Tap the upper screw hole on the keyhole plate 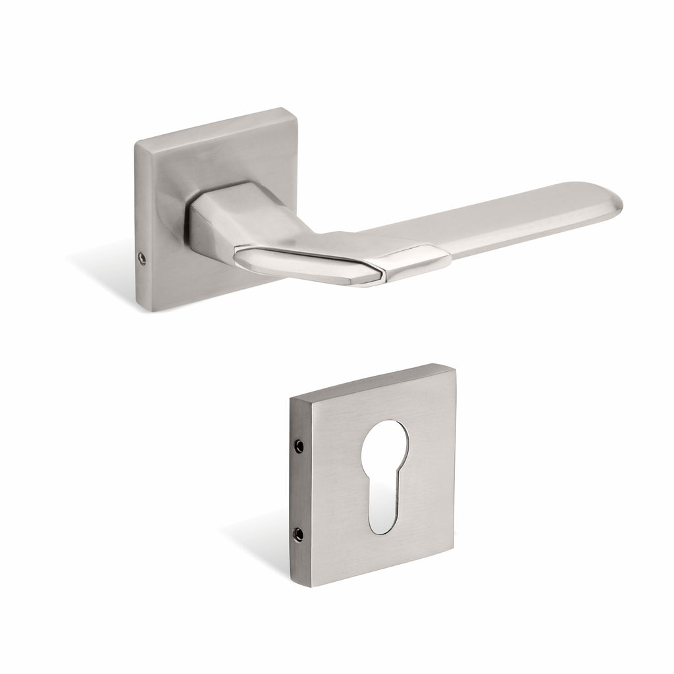click(x=299, y=446)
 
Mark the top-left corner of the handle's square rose click(x=136, y=125)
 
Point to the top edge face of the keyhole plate click(x=369, y=380)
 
